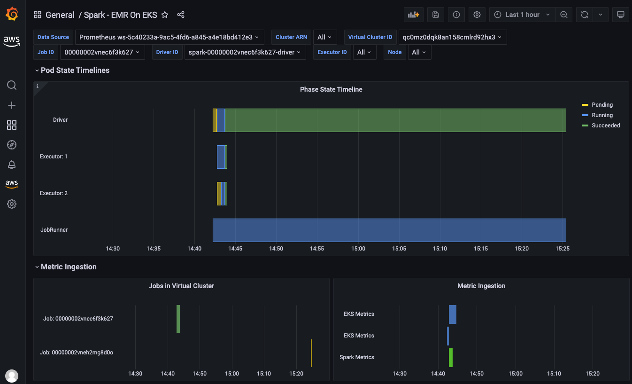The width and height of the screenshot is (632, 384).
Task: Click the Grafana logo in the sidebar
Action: (12, 15)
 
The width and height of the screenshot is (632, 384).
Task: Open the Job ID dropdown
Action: (102, 52)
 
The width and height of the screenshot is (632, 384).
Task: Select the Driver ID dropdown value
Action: (245, 52)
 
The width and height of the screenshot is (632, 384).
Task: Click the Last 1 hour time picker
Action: (522, 15)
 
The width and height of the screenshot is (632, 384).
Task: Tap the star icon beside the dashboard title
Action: (165, 15)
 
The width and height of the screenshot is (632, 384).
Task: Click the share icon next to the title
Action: (181, 15)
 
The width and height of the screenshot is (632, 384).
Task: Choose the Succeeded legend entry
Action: (605, 125)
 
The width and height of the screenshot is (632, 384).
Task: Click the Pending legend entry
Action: (601, 105)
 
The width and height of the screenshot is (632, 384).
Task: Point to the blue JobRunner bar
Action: (389, 230)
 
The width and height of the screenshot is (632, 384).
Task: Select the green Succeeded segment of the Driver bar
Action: (394, 120)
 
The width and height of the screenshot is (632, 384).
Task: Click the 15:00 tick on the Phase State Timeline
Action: (358, 249)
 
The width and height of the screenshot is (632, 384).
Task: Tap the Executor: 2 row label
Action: (54, 193)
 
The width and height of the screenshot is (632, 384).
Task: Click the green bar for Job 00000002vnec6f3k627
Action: (178, 319)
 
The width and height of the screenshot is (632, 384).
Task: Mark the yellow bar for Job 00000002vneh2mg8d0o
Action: (311, 353)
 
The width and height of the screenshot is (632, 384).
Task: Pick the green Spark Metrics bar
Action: (451, 357)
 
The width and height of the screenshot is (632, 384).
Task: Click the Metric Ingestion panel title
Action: (481, 286)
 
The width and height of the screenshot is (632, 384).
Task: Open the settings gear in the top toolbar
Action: (477, 15)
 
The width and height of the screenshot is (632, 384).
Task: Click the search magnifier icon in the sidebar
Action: (12, 85)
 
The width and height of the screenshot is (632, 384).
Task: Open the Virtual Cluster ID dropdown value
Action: (452, 37)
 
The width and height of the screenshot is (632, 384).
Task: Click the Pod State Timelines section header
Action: (75, 71)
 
